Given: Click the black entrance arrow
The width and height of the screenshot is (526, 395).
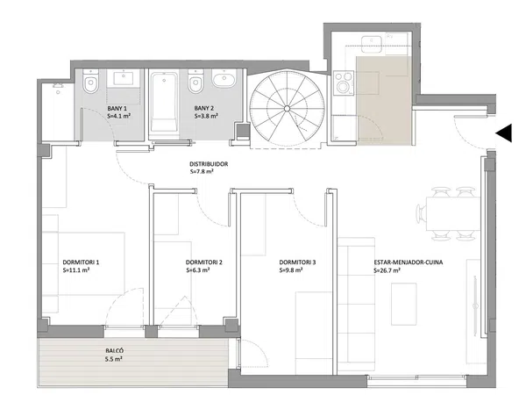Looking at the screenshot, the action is click(503, 133).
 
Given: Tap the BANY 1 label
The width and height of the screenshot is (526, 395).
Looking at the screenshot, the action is click(117, 109).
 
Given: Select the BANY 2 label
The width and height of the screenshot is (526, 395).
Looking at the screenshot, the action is click(204, 108).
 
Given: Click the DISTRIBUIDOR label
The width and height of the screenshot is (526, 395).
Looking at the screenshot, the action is click(209, 164).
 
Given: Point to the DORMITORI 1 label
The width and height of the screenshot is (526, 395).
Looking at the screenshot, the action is click(81, 262).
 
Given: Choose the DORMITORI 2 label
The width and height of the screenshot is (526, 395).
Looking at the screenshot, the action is click(204, 262).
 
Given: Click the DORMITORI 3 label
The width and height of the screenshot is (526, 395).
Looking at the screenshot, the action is click(297, 262).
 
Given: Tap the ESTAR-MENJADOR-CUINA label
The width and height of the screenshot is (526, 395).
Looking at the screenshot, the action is click(409, 262).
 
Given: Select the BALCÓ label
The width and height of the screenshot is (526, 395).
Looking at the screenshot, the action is click(114, 350).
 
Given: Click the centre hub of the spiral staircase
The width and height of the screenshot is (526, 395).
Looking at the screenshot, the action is click(288, 108).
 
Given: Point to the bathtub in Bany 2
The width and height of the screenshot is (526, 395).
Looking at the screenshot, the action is click(164, 103).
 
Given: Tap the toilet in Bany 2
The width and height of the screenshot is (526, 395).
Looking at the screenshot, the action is click(196, 81).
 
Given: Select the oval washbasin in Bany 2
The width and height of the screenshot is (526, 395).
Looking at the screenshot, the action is click(224, 80).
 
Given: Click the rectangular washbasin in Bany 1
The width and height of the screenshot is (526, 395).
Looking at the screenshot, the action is click(124, 79).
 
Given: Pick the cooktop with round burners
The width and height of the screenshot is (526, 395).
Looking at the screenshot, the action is click(344, 83).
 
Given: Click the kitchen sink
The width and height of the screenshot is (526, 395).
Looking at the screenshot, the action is click(372, 44).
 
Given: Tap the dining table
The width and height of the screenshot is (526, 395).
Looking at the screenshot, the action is click(453, 214).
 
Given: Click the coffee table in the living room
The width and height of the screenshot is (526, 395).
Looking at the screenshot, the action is click(404, 304).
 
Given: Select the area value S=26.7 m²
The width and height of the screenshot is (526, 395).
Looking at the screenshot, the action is click(387, 270).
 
